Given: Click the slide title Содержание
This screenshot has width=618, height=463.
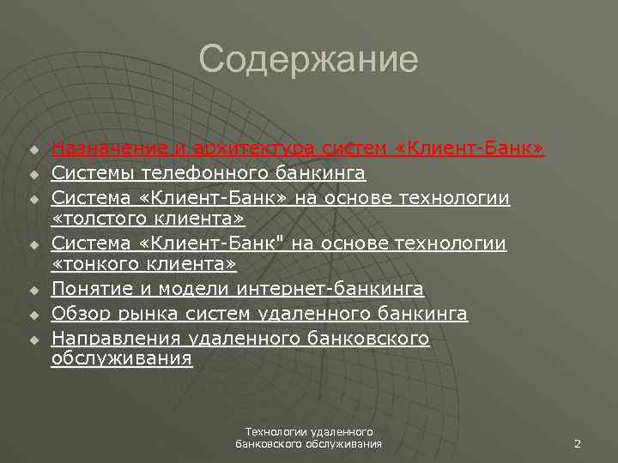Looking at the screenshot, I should pos(308,61).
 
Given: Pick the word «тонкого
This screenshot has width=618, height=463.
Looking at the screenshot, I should pos(89,267).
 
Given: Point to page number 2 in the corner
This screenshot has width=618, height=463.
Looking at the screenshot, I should pos(578,444).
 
